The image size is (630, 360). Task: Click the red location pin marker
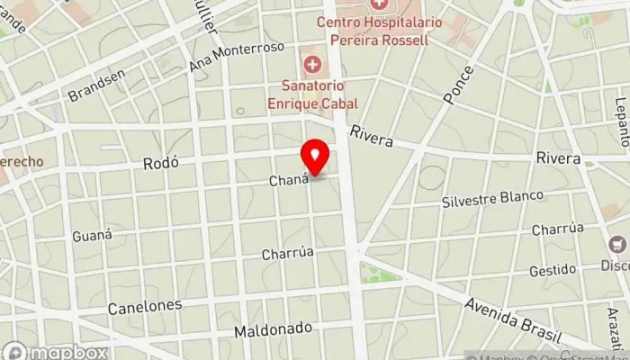[x=315, y=159]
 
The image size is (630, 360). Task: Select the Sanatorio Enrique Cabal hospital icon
[x=312, y=64]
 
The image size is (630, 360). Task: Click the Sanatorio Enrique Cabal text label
[x=312, y=94]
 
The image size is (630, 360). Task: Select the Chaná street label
[x=289, y=181]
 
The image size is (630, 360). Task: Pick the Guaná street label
[x=93, y=236]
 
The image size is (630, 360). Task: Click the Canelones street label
[x=145, y=307]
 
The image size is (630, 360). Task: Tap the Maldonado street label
[x=273, y=330]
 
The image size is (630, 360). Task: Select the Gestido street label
[x=552, y=269]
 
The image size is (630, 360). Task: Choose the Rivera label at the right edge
[x=558, y=157]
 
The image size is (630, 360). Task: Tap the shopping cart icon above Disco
[x=617, y=244]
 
